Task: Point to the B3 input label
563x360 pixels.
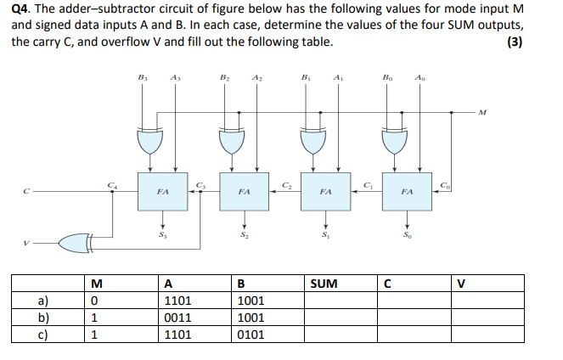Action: pos(142,76)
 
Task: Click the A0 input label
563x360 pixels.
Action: pos(419,76)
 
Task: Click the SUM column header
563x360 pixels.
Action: pos(324,283)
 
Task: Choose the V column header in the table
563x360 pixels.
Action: pos(462,283)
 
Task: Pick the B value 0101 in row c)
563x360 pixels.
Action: pos(251,334)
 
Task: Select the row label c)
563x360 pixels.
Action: pos(42,334)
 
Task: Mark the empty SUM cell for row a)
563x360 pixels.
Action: pos(339,300)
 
